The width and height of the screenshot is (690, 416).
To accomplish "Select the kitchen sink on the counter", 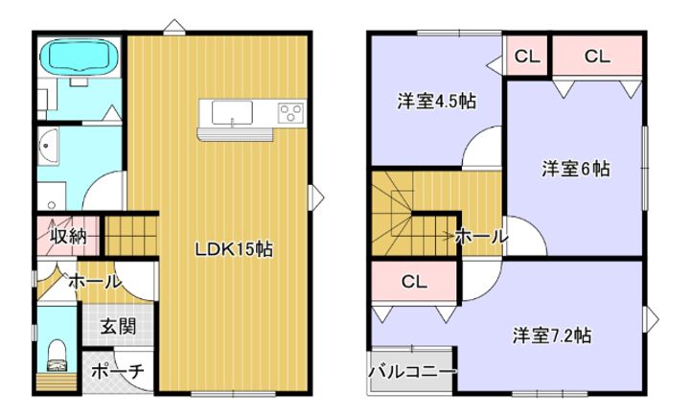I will pyautogui.click(x=231, y=115).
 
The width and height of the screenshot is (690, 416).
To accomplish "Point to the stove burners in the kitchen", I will pyautogui.click(x=288, y=114).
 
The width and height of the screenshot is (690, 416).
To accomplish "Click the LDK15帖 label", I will pyautogui.click(x=235, y=249).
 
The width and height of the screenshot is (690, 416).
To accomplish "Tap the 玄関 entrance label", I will pyautogui.click(x=119, y=326).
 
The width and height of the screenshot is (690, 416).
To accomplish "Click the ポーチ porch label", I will pyautogui.click(x=118, y=372).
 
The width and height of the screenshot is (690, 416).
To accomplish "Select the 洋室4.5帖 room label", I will pyautogui.click(x=438, y=102).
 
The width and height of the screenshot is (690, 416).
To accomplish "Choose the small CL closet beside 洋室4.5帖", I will pyautogui.click(x=527, y=58).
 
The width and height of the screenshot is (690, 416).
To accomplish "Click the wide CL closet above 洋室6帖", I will pyautogui.click(x=596, y=58).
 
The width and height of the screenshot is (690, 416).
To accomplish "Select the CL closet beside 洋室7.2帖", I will pyautogui.click(x=414, y=283).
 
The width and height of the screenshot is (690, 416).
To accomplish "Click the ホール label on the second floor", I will pyautogui.click(x=480, y=236).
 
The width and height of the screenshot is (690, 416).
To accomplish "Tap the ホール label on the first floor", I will pyautogui.click(x=94, y=282).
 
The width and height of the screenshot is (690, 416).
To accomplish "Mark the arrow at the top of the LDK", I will pyautogui.click(x=172, y=25).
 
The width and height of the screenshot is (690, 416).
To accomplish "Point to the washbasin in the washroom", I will pyautogui.click(x=49, y=150).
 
